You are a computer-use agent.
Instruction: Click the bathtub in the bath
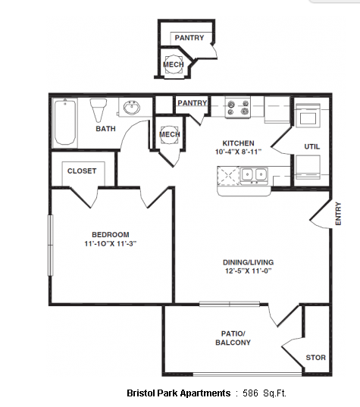click(x=65, y=122)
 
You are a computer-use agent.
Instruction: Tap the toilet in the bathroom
click(x=99, y=110)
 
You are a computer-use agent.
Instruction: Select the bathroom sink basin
click(x=132, y=108)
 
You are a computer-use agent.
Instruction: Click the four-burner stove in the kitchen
click(x=238, y=108)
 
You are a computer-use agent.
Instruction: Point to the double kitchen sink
click(x=254, y=174)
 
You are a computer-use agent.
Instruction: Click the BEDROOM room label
click(x=111, y=235)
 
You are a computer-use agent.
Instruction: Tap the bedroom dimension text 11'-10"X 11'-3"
click(x=111, y=244)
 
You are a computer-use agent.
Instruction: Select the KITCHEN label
click(x=238, y=143)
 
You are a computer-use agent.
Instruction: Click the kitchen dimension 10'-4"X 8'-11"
click(x=238, y=152)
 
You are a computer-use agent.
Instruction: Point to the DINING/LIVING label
click(x=248, y=262)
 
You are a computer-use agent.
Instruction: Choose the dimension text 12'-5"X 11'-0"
click(x=248, y=271)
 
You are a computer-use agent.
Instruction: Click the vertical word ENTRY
click(x=338, y=214)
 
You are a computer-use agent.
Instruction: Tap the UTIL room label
click(x=312, y=146)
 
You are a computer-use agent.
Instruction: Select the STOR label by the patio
click(x=315, y=358)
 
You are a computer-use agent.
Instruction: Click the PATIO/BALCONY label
click(x=233, y=338)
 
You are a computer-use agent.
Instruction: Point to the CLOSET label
click(x=82, y=171)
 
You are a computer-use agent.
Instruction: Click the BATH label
click(x=105, y=129)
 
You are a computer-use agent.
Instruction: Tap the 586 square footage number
click(x=250, y=393)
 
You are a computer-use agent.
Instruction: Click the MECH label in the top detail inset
click(x=174, y=64)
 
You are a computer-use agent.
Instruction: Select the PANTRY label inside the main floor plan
click(x=193, y=103)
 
